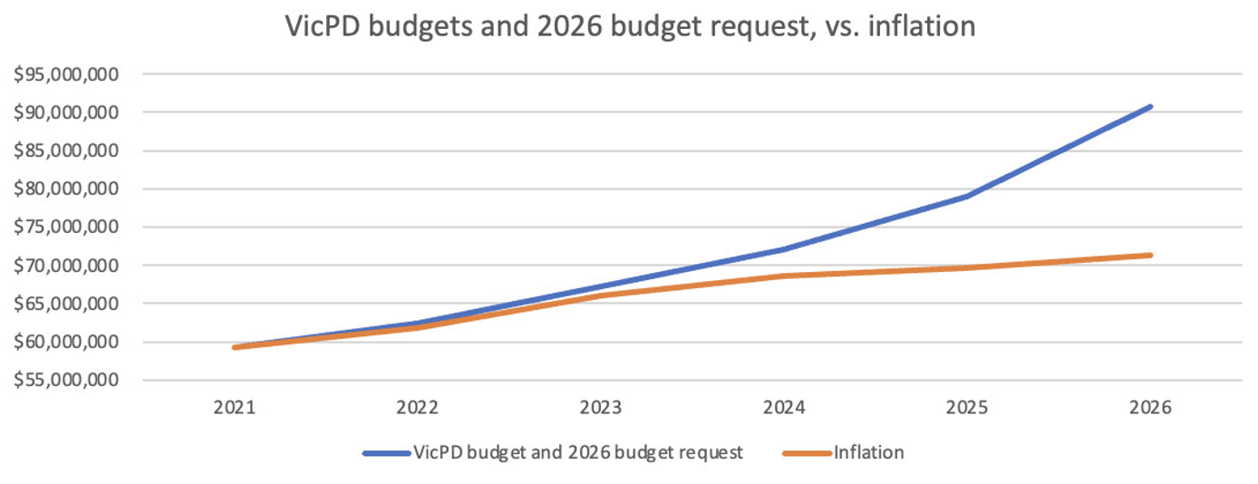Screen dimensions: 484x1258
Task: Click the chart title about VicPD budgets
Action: coord(630,26)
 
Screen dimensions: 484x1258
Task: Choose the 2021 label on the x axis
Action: coord(235,408)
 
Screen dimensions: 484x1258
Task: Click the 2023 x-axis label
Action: coord(601,408)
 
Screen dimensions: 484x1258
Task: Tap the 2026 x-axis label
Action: coord(1150,408)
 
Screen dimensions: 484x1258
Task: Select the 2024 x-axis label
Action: coord(784,408)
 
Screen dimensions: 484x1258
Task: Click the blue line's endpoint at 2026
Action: coord(1150,107)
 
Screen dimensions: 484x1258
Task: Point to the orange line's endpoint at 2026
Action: coord(1150,256)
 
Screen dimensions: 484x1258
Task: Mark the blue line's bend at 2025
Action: coord(967,196)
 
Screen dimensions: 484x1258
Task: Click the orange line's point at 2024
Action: coord(784,276)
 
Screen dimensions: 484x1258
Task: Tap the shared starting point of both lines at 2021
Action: coord(236,347)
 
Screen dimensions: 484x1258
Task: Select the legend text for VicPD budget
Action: coord(577,452)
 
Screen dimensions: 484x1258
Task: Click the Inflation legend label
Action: coord(868,452)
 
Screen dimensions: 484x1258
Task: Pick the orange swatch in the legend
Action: coord(805,452)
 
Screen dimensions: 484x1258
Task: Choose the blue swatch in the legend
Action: coord(385,452)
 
